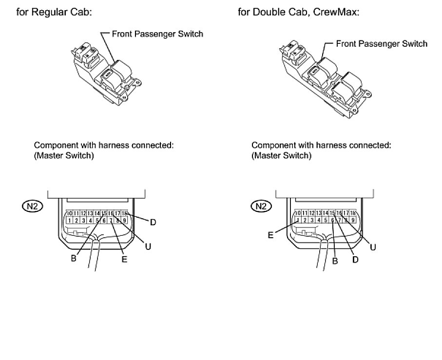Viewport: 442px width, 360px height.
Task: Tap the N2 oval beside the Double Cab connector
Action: point(262,206)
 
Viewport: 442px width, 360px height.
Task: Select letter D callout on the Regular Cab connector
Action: point(153,223)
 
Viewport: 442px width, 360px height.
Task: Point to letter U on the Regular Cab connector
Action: point(148,246)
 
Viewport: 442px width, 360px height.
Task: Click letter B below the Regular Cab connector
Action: point(74,259)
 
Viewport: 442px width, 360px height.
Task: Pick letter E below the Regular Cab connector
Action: point(124,260)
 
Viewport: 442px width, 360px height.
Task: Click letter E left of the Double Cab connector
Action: point(270,234)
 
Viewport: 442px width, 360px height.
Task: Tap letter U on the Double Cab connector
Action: point(373,247)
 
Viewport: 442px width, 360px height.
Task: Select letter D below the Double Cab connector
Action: point(355,260)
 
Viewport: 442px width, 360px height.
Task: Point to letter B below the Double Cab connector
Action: point(335,261)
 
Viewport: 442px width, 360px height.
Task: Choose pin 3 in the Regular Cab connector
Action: point(84,221)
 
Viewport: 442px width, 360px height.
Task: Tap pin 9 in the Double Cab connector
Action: point(352,220)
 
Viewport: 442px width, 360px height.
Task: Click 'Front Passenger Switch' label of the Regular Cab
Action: point(157,34)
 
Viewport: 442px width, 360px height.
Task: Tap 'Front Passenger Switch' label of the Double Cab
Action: point(382,44)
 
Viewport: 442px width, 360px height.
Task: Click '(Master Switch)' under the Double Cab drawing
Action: point(281,156)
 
